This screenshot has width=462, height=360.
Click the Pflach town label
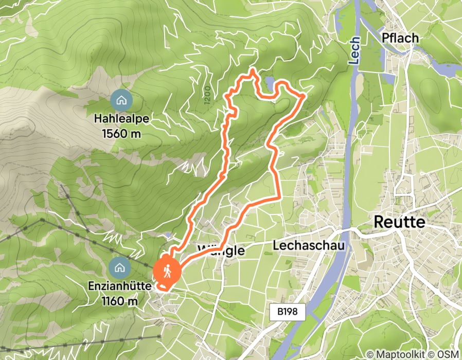[400, 38]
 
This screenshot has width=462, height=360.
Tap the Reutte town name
[400, 222]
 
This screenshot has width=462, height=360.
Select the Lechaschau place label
[308, 246]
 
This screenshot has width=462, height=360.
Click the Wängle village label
[221, 250]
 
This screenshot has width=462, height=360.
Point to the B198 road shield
[288, 311]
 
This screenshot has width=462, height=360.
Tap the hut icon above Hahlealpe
[121, 100]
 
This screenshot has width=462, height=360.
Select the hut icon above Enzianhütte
[119, 267]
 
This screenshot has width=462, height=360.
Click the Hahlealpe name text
[121, 119]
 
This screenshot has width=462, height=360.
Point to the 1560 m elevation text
[121, 134]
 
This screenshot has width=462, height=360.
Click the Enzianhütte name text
[119, 287]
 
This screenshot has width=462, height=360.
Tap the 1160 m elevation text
[119, 301]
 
